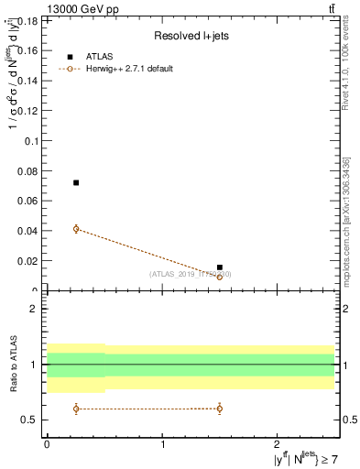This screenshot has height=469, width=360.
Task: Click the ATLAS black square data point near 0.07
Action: [76, 182]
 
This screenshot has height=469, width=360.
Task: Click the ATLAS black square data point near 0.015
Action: [220, 267]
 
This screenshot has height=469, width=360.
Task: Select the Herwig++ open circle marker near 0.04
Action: [76, 228]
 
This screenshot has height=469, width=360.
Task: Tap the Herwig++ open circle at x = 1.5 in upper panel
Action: [220, 277]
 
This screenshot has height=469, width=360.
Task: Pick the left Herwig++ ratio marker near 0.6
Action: [76, 409]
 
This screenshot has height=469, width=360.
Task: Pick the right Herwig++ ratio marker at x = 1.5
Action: [220, 409]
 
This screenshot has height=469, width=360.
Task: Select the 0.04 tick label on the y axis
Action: [27, 230]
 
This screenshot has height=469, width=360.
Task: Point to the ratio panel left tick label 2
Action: [33, 309]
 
